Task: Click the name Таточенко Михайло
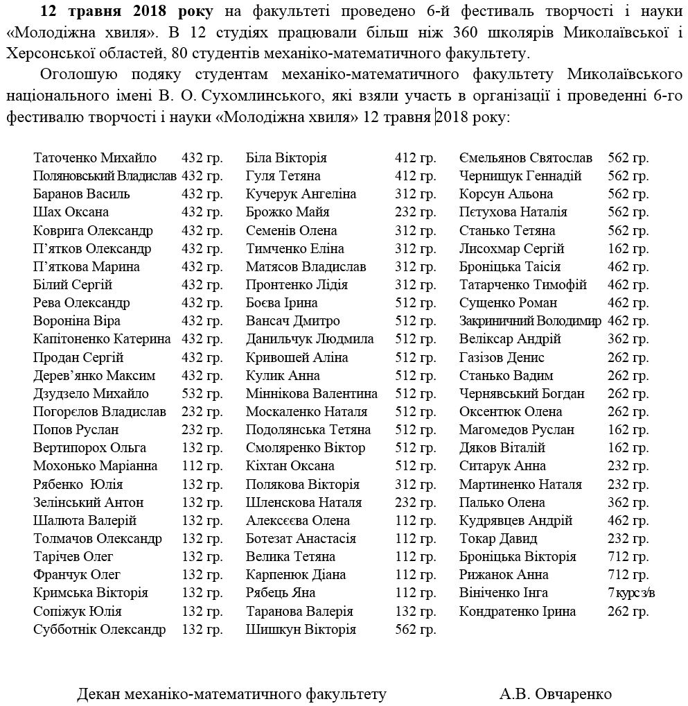click(x=95, y=158)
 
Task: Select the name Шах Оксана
click(x=71, y=212)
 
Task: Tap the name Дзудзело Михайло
click(x=91, y=394)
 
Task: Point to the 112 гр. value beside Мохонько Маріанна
click(x=202, y=466)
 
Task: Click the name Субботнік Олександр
click(x=100, y=630)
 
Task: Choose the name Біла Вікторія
click(x=286, y=158)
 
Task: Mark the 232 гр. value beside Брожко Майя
click(x=416, y=212)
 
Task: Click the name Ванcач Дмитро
click(x=293, y=321)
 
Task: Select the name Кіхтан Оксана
click(x=290, y=466)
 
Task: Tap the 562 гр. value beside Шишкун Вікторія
click(x=416, y=630)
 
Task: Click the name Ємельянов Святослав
click(x=526, y=158)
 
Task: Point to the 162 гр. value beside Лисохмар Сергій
click(x=628, y=248)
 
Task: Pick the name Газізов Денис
click(x=502, y=358)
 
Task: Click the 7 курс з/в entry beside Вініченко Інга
click(x=631, y=593)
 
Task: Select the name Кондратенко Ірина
click(x=518, y=612)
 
